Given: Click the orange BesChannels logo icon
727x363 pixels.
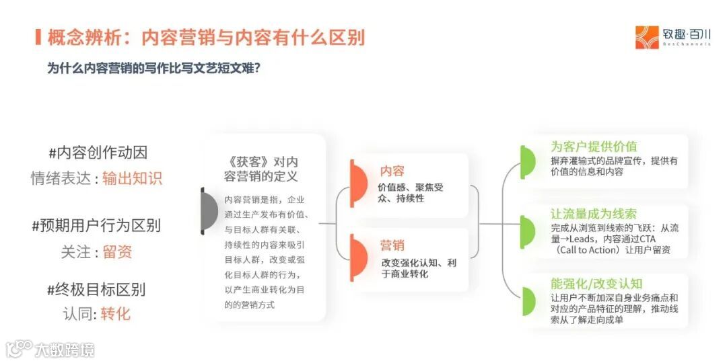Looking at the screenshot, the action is pos(647,37).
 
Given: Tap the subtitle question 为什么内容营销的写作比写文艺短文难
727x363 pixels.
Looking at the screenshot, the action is pos(153,69).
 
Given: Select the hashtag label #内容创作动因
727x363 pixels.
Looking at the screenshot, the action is pos(97,152).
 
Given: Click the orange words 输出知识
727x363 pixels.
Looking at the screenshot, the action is pos(132,178).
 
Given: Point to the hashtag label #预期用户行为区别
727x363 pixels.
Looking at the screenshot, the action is pos(96,225).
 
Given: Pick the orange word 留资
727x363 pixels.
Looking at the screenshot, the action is pos(117,252).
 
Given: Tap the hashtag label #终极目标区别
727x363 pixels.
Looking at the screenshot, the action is pos(96,290).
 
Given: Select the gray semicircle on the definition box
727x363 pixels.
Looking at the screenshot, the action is pos(209,211).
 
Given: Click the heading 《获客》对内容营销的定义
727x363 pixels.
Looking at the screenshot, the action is pos(264,169).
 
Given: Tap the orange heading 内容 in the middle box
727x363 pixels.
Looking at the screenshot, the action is pos(392,171).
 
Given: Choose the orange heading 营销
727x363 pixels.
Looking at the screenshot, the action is pos(392,245).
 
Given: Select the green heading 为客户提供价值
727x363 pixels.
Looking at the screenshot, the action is pos(594,147).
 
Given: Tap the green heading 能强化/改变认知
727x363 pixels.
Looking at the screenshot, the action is pos(596,283).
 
